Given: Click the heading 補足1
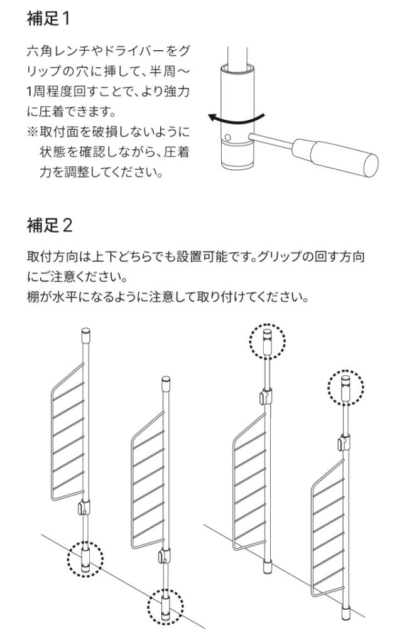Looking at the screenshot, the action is point(48,19).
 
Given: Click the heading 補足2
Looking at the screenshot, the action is point(50,225).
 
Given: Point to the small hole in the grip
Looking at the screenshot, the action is point(228,137).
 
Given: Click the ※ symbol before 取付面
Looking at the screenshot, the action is point(32,132).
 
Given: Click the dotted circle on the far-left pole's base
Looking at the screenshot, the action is point(85,558).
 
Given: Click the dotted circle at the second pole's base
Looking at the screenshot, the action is point(165,606).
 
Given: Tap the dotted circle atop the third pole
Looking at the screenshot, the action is point(267,341).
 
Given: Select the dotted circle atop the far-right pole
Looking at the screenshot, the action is point(345,387).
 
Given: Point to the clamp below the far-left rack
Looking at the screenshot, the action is point(83,507).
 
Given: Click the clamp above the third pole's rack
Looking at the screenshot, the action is point(265,396).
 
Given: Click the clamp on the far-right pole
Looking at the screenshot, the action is point(344,442).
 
